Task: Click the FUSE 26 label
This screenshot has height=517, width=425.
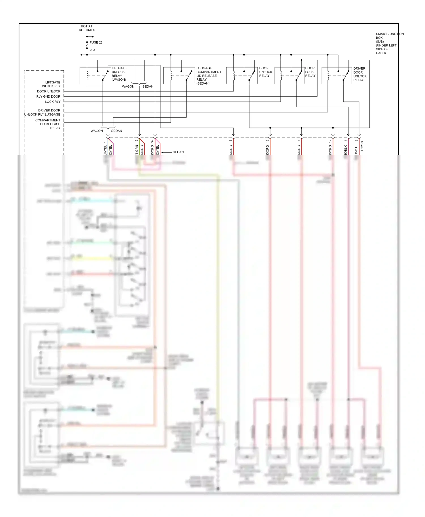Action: point(96,42)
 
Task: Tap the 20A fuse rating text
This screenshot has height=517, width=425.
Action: point(92,50)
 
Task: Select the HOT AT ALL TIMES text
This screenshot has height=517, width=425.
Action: point(87,28)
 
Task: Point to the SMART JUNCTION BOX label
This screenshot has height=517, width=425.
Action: point(389,43)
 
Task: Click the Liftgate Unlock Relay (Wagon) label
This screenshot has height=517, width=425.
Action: point(119,74)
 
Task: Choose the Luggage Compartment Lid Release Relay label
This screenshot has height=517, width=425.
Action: point(209,76)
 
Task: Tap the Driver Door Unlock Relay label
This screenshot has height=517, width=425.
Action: point(360,74)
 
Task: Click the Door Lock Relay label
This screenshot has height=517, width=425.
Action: point(310,72)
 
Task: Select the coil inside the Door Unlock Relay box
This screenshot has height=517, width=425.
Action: point(234,76)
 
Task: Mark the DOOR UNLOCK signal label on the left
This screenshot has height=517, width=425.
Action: point(48,91)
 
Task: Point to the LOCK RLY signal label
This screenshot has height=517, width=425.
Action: point(53,102)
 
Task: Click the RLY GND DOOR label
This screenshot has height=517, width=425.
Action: point(48,96)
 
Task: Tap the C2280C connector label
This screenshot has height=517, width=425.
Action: point(362,145)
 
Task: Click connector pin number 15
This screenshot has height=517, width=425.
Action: point(231,141)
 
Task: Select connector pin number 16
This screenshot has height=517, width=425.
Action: point(267,141)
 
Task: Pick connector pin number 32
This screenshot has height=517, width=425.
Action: point(152,141)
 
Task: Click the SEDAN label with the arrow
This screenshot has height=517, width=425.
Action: point(178,152)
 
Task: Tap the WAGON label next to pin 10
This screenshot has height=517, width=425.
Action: point(97,131)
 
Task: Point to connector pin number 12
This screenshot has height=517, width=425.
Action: point(330,141)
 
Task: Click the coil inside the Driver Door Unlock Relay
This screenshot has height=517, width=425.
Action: point(328,76)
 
